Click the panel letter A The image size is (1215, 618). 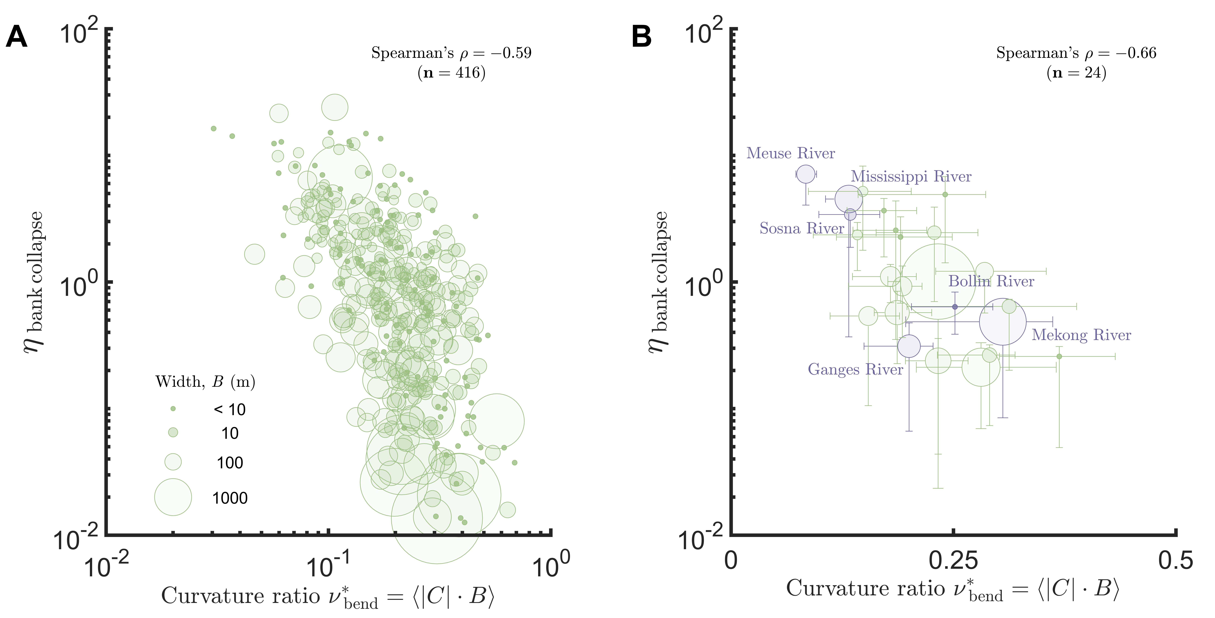point(16,37)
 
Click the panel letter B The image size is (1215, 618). point(641,37)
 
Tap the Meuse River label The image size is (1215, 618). point(791,153)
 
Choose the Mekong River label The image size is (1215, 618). point(1081,335)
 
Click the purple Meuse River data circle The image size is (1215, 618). point(806,174)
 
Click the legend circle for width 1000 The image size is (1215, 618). point(173,497)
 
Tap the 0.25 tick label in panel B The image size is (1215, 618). point(953,560)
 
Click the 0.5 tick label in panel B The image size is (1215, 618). point(1175,560)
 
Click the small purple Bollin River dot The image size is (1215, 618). point(955,307)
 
